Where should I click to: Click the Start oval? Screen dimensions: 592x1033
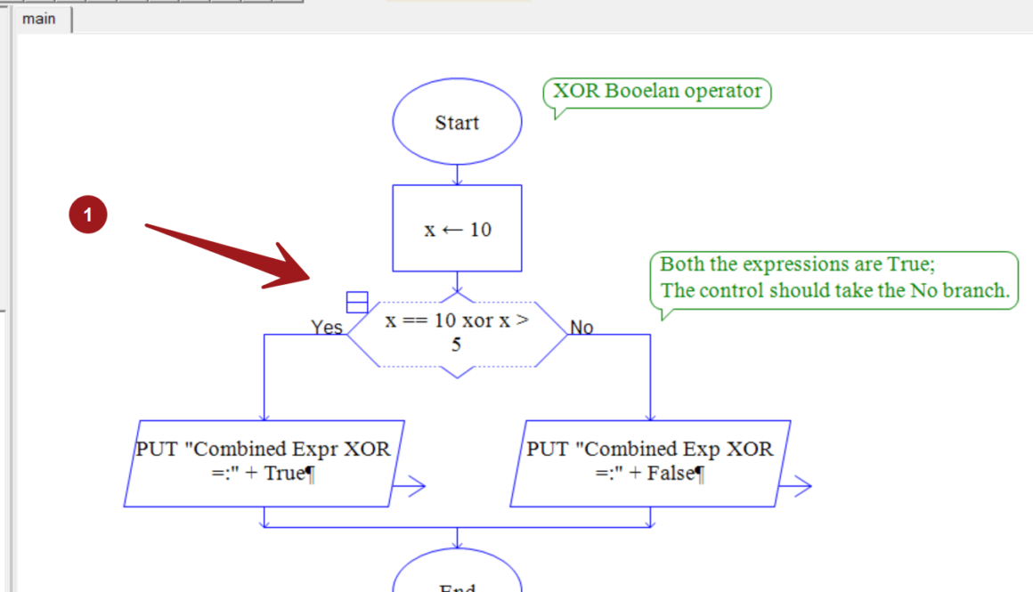pyautogui.click(x=457, y=123)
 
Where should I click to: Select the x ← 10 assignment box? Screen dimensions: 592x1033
pyautogui.click(x=457, y=229)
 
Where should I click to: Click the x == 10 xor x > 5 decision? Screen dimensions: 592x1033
pyautogui.click(x=457, y=332)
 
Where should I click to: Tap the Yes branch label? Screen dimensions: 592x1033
pyautogui.click(x=327, y=328)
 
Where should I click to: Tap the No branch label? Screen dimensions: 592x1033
pyautogui.click(x=582, y=328)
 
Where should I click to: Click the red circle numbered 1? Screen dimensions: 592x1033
pyautogui.click(x=88, y=215)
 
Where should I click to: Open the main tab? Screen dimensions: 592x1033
pyautogui.click(x=39, y=19)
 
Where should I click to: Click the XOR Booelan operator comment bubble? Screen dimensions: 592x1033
pyautogui.click(x=657, y=92)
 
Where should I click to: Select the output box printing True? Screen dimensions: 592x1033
pyautogui.click(x=264, y=462)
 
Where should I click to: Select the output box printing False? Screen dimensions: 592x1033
pyautogui.click(x=650, y=462)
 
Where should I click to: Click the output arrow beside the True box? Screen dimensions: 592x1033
pyautogui.click(x=411, y=486)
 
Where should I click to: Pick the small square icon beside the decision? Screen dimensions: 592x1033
pyautogui.click(x=357, y=303)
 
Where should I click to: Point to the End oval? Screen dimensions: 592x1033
pyautogui.click(x=457, y=579)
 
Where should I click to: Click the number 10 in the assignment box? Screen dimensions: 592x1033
pyautogui.click(x=480, y=230)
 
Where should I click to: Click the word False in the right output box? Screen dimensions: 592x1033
pyautogui.click(x=670, y=474)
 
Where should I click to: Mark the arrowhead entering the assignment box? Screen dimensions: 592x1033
pyautogui.click(x=457, y=182)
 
